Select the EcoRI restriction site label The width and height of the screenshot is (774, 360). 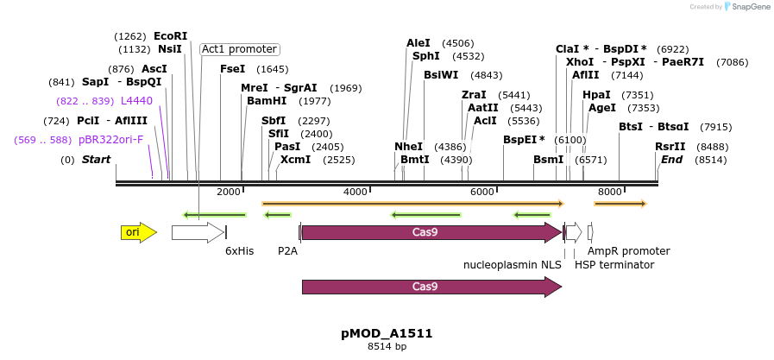170,36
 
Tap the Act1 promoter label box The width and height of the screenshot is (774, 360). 239,49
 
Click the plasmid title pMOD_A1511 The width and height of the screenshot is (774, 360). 387,333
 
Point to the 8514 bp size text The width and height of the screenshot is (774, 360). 387,346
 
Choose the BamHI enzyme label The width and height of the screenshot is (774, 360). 267,101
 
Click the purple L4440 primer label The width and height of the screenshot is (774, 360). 136,101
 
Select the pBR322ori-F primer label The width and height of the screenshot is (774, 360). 110,139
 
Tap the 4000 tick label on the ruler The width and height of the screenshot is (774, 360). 356,192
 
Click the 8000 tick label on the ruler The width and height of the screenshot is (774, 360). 609,192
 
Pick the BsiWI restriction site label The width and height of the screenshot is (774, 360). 441,75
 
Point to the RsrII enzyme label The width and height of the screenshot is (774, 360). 670,147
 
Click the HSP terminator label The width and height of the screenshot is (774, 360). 614,265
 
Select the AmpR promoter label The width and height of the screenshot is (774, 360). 629,251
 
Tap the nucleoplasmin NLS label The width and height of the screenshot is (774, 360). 513,265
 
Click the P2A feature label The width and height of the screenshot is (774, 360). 287,251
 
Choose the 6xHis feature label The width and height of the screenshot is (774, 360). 239,251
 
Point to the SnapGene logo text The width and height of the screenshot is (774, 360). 746,7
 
